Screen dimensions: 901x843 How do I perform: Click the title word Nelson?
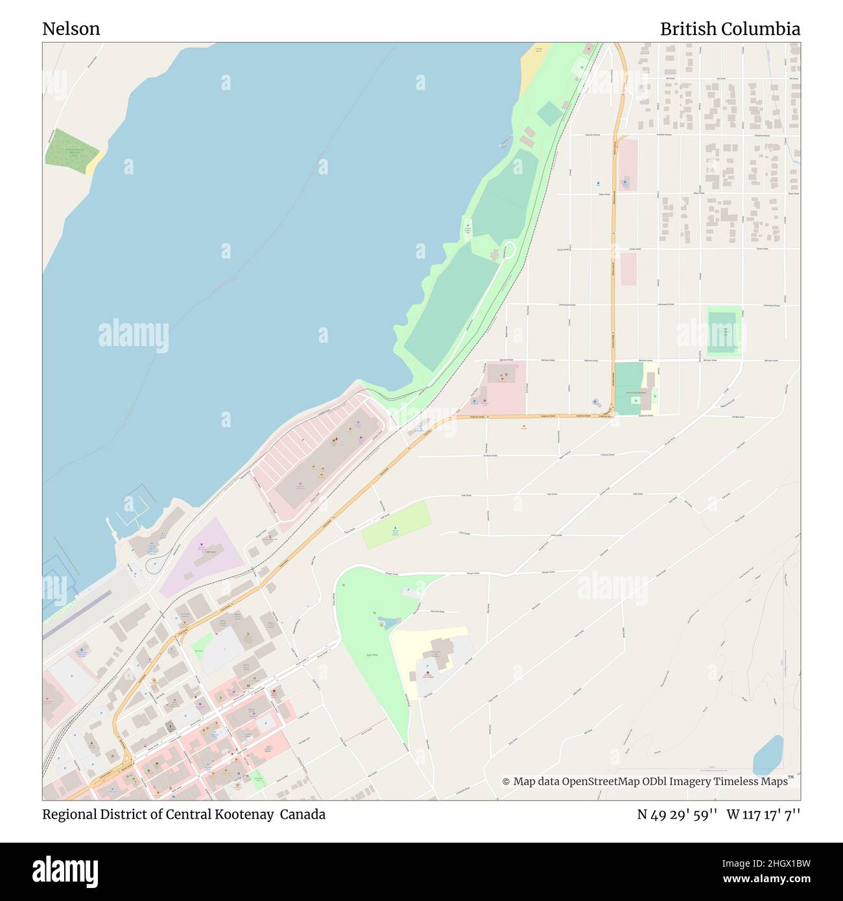click(71, 29)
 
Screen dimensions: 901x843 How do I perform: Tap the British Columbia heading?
click(730, 29)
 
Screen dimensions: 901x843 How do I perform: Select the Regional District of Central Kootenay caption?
click(184, 814)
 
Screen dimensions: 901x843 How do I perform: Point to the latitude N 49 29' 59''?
click(676, 814)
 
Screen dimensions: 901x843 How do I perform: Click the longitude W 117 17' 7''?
click(763, 814)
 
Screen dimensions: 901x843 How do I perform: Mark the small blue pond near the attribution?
click(768, 751)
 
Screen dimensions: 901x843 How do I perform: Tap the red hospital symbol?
click(427, 673)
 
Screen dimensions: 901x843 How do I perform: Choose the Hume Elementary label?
click(635, 393)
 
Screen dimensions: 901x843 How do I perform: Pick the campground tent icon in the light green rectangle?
click(395, 530)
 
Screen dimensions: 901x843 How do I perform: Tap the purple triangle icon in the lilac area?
click(202, 546)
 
